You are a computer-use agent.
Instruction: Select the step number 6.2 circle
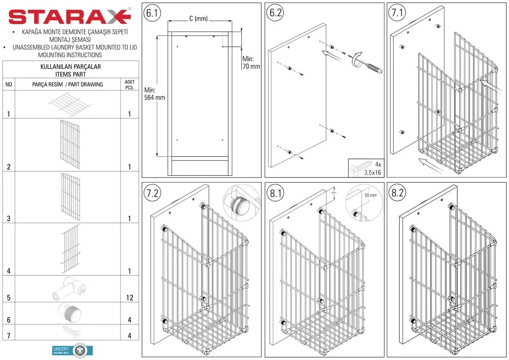(x=275, y=13)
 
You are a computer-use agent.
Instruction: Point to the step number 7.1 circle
(x=397, y=13)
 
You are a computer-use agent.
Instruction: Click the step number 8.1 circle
(x=275, y=193)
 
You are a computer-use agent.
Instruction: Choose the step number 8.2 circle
(x=397, y=193)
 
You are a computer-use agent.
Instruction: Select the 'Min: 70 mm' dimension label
(x=251, y=62)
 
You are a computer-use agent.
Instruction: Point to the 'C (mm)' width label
(x=198, y=19)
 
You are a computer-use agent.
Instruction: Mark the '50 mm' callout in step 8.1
(x=370, y=195)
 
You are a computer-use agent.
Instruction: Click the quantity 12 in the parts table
(x=129, y=298)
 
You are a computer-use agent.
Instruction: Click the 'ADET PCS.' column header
(x=129, y=84)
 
